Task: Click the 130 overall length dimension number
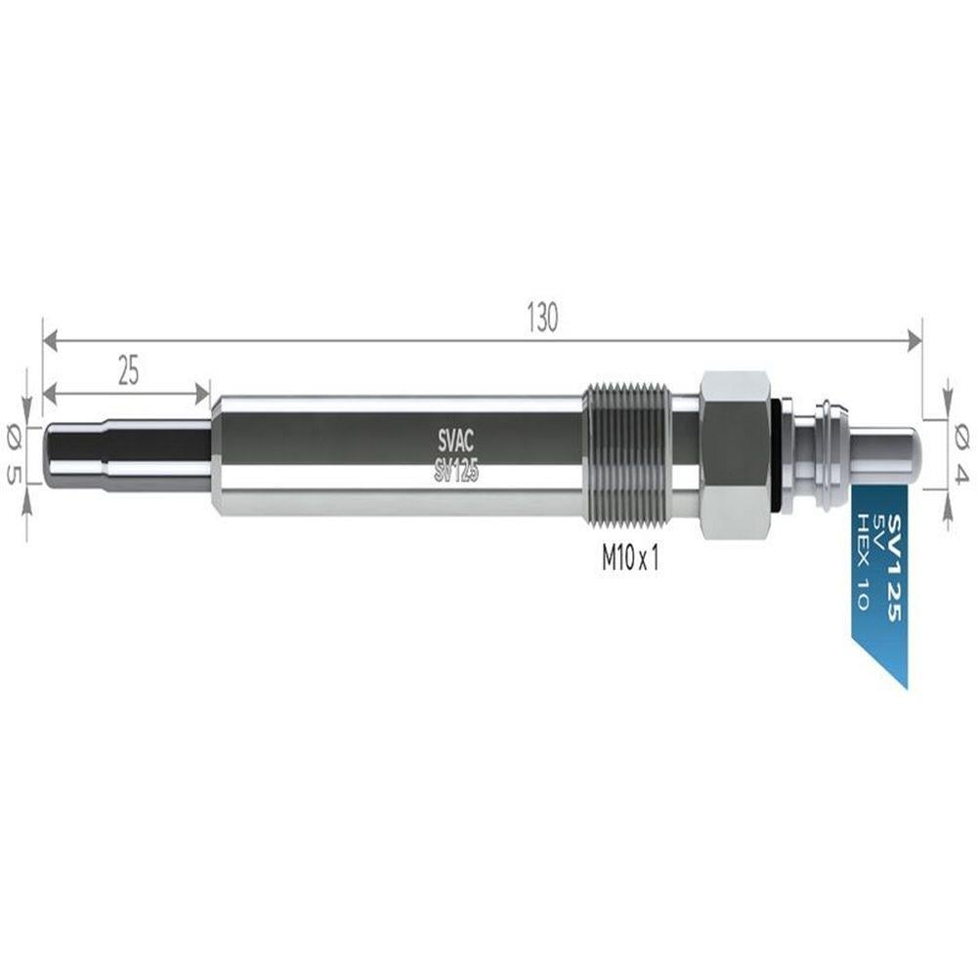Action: click(x=542, y=318)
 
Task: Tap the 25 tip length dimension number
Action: click(x=128, y=370)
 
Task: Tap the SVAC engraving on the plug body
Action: click(x=455, y=442)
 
